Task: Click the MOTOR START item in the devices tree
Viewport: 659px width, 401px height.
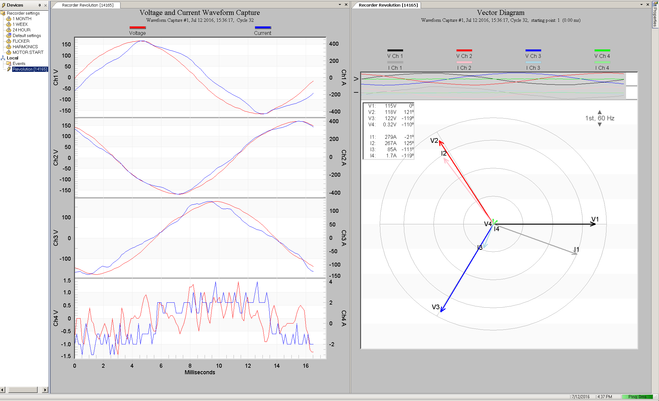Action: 28,52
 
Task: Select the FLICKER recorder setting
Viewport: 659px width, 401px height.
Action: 21,41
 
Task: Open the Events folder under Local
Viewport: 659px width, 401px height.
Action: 19,63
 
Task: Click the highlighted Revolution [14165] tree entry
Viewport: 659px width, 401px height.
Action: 30,69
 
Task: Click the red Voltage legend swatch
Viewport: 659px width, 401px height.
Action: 137,28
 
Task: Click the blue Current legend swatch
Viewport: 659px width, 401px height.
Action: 263,28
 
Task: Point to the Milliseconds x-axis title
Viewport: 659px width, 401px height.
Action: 200,372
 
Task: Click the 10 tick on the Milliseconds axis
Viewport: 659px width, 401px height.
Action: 219,366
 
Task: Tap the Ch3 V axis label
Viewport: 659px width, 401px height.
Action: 56,238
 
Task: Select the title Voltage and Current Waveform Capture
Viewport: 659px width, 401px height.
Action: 200,13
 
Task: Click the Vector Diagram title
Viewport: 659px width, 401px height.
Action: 500,13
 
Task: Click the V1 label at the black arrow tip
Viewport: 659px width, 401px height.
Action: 595,219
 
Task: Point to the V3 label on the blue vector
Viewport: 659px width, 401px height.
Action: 435,307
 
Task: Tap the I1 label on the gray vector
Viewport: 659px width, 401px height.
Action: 576,249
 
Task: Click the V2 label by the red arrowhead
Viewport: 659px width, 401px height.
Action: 434,141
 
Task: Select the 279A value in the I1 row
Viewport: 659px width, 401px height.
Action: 390,137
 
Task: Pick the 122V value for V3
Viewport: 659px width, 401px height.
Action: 390,118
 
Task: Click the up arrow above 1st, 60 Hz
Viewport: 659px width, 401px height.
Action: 600,112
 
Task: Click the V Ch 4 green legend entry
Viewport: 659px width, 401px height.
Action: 602,56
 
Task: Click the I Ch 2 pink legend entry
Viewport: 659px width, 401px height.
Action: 464,68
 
